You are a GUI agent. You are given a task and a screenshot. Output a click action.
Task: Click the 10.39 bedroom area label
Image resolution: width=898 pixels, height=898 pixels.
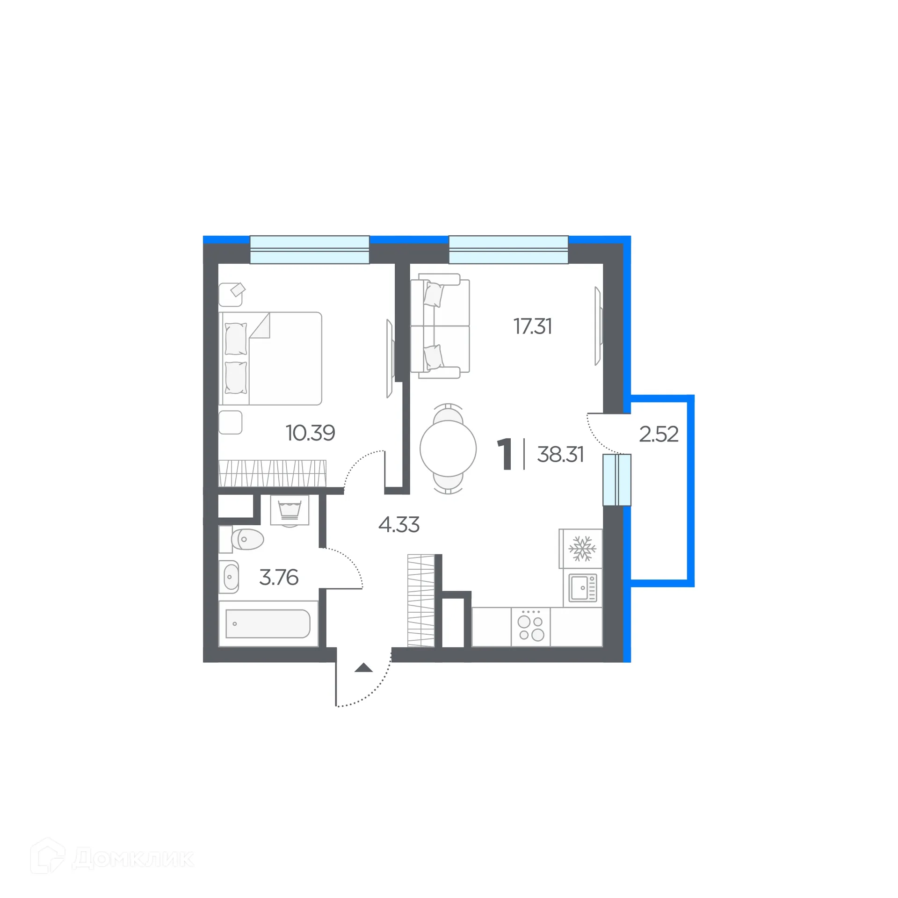click(x=310, y=433)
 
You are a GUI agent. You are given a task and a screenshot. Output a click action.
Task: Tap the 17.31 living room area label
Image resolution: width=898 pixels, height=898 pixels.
click(x=533, y=326)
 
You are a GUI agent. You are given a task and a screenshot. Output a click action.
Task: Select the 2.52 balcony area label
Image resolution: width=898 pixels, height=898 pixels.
click(x=659, y=435)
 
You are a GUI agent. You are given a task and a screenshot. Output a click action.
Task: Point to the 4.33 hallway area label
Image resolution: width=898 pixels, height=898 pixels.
click(x=398, y=525)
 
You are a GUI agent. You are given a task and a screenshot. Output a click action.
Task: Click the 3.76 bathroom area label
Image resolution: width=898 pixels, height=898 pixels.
click(x=279, y=578)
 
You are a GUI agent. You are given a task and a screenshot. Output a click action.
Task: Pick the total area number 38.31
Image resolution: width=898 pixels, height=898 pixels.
click(x=560, y=455)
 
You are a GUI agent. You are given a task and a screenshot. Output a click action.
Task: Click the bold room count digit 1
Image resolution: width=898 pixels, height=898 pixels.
click(x=504, y=454)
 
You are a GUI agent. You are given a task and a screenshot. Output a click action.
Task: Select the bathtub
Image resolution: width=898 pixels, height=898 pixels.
click(x=268, y=623)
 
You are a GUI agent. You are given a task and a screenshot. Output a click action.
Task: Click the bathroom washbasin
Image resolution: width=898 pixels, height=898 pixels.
click(x=229, y=577)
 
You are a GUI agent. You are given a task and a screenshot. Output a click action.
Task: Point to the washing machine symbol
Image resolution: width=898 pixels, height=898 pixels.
click(x=290, y=510)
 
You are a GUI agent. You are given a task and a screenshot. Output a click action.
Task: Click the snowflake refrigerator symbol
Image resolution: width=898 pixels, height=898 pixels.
click(x=582, y=548)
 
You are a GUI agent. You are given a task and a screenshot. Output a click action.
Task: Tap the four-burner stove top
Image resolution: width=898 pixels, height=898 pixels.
click(x=531, y=627)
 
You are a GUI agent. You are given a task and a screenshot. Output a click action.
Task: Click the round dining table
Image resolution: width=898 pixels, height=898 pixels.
click(x=448, y=449)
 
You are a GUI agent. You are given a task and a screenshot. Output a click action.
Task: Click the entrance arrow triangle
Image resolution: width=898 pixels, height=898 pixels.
click(x=363, y=668)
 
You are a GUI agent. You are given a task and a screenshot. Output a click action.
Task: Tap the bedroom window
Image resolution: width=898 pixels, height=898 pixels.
click(x=310, y=250)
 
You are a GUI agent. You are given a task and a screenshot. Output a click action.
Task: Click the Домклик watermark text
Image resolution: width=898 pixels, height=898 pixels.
click(x=133, y=858)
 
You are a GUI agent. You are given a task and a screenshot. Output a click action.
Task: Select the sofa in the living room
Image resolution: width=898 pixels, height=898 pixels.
click(x=440, y=326)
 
